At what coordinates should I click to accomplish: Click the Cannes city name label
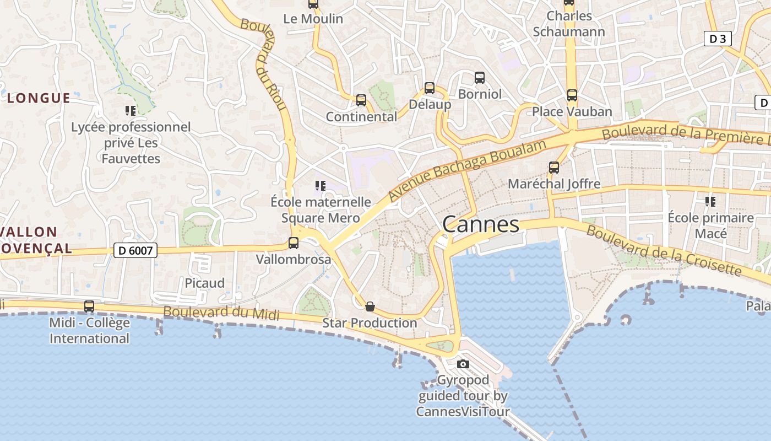coord(480,224)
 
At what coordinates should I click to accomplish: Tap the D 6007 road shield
coord(135,250)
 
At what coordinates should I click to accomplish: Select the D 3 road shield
coord(718,39)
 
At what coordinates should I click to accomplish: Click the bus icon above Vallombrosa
coord(294,243)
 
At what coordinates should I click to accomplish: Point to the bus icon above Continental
coord(361,100)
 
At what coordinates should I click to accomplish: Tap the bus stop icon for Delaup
coord(430,88)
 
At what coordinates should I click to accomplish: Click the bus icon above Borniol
coord(480,78)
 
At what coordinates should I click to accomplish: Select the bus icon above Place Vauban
coord(572,95)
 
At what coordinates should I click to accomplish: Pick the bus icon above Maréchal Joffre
coord(554,168)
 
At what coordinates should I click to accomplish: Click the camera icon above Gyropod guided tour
coord(463,364)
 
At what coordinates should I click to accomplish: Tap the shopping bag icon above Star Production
coord(370,306)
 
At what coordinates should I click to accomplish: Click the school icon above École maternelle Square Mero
coord(321,186)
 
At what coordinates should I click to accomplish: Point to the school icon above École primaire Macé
coord(710,202)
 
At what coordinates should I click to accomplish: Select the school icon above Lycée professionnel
coord(131,111)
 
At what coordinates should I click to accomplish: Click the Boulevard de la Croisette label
coord(663,251)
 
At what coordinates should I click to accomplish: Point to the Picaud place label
coord(204,283)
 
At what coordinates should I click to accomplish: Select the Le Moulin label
coord(313,19)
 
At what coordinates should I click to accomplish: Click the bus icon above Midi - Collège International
coord(89,306)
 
